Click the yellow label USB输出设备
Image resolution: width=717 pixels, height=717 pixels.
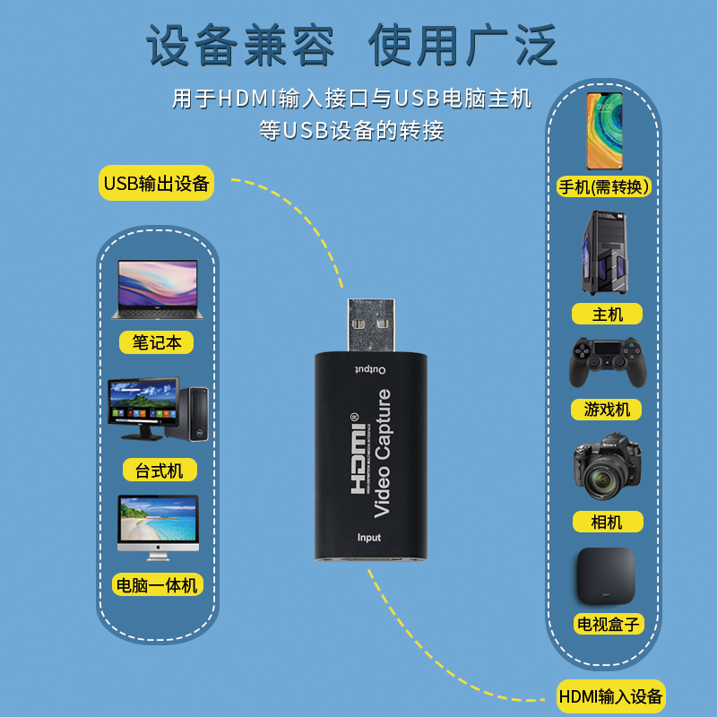(156, 184)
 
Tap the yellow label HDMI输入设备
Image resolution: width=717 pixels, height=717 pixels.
(610, 695)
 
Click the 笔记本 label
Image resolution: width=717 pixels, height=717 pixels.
(157, 342)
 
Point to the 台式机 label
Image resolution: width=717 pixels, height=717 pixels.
(160, 470)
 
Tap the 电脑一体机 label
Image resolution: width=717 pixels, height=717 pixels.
(157, 585)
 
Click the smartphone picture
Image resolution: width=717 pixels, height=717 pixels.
(605, 130)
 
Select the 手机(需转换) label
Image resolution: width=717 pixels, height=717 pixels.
(604, 186)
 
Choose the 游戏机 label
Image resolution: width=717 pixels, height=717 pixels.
(607, 410)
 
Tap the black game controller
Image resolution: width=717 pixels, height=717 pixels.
(606, 361)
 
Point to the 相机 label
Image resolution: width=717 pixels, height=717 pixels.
(607, 522)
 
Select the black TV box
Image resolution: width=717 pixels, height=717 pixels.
(605, 574)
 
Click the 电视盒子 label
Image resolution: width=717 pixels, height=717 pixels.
(607, 624)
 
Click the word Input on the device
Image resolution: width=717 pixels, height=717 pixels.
(369, 538)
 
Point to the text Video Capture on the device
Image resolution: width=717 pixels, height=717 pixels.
(382, 453)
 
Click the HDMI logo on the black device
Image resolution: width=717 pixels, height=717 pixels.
(358, 453)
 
